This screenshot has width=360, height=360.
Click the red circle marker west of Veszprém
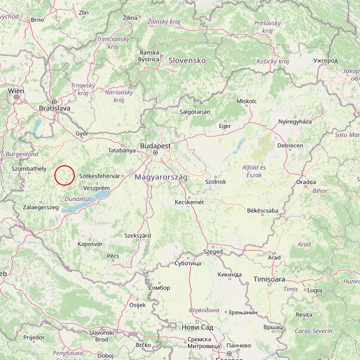click(x=65, y=175)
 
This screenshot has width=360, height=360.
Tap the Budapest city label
click(x=155, y=146)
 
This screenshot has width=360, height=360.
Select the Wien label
click(x=16, y=91)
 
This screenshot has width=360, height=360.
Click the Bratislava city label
click(x=54, y=107)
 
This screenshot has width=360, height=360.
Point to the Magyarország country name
click(x=161, y=178)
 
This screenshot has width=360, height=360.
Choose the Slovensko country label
click(x=186, y=60)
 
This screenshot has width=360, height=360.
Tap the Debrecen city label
click(x=290, y=146)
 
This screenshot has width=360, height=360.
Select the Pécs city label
click(x=113, y=256)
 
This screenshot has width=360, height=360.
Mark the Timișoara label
click(x=270, y=279)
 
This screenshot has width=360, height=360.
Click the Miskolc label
click(x=246, y=101)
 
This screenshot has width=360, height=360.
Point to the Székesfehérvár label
click(x=100, y=176)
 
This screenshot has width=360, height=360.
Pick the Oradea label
click(x=306, y=182)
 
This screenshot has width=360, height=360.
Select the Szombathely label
click(x=29, y=169)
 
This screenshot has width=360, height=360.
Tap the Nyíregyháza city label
click(x=295, y=122)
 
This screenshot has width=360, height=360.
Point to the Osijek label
click(x=138, y=305)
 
